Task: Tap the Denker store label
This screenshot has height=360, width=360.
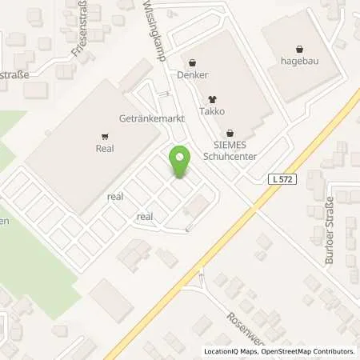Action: pyautogui.click(x=194, y=75)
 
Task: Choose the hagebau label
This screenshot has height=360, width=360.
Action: pyautogui.click(x=298, y=60)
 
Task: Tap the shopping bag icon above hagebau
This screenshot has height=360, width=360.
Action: pyautogui.click(x=298, y=46)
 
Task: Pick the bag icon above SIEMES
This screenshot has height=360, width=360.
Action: pyautogui.click(x=230, y=133)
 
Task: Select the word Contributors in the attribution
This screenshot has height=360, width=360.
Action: pyautogui.click(x=332, y=351)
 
